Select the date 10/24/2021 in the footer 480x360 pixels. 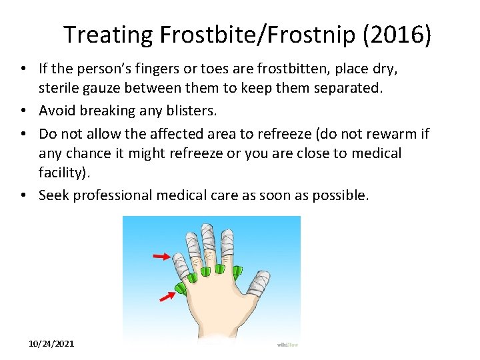coord(52,343)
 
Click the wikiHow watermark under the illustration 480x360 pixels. coord(287,344)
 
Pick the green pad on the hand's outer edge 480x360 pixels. coord(181,289)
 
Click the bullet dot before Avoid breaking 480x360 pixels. coord(23,110)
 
